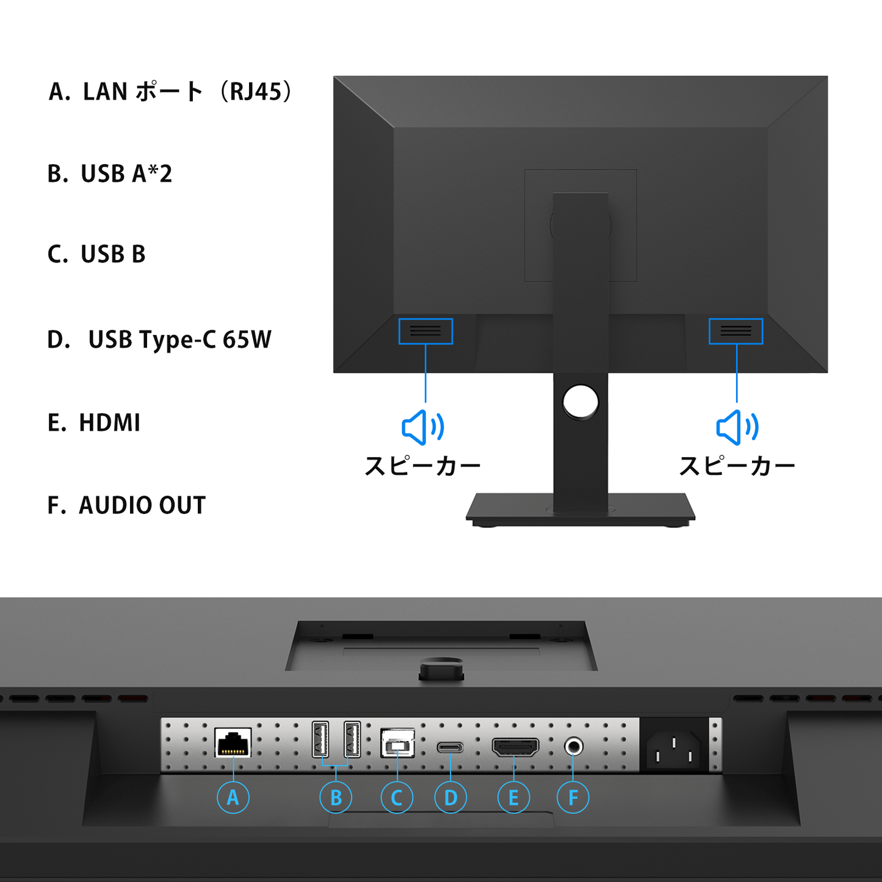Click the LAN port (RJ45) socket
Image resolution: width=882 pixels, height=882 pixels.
tap(233, 742)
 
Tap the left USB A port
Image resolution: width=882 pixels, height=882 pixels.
tap(320, 739)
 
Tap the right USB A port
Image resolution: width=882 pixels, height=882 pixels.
tap(352, 739)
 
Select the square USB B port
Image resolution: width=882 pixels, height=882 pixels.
tap(397, 743)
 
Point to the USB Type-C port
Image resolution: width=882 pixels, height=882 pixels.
tap(450, 748)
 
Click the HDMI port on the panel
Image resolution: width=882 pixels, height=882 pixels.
tap(515, 747)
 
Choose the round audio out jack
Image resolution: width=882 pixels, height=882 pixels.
tap(573, 747)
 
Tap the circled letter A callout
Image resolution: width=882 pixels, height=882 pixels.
tap(233, 797)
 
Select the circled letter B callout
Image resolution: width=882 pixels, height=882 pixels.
tap(336, 797)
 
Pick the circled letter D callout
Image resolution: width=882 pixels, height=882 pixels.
tap(450, 797)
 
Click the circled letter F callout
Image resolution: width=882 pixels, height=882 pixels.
tap(573, 797)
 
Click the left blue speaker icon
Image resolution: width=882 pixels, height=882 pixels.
tap(422, 427)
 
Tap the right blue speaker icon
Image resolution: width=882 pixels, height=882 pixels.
tap(737, 427)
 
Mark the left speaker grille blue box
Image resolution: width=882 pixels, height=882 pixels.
tap(425, 319)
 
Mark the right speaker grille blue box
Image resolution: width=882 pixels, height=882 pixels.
tap(736, 319)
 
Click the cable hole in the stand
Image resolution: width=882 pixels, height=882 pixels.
tap(580, 402)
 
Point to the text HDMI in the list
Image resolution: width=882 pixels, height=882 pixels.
tap(109, 422)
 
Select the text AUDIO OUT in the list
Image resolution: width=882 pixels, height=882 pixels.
tap(142, 505)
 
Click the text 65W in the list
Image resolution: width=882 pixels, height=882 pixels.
tap(247, 339)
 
